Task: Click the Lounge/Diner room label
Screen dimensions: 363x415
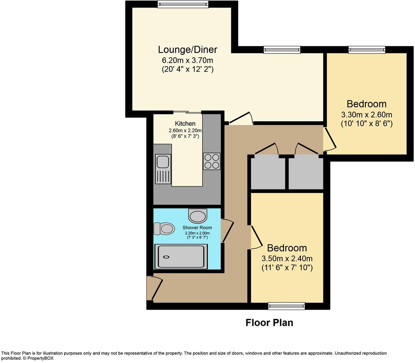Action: pyautogui.click(x=187, y=49)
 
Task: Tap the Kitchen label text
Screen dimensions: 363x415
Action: pyautogui.click(x=185, y=124)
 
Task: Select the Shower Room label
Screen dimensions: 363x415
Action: pyautogui.click(x=197, y=228)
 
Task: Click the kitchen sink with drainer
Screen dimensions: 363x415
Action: pyautogui.click(x=163, y=169)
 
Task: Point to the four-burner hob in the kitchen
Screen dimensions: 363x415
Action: pyautogui.click(x=211, y=161)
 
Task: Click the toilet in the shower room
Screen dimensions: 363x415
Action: pyautogui.click(x=164, y=229)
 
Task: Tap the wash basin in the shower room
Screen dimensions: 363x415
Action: pyautogui.click(x=197, y=216)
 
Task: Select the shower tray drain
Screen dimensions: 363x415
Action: pyautogui.click(x=166, y=257)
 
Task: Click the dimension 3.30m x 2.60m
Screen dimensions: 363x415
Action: pyautogui.click(x=366, y=115)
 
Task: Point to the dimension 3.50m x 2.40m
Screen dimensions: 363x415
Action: pyautogui.click(x=287, y=259)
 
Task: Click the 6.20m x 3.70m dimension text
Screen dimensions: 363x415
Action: pyautogui.click(x=187, y=60)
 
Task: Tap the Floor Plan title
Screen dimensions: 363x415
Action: pyautogui.click(x=269, y=323)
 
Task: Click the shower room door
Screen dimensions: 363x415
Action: pyautogui.click(x=228, y=231)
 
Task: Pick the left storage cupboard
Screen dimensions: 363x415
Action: pyautogui.click(x=268, y=172)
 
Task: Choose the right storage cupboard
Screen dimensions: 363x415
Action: pyautogui.click(x=305, y=172)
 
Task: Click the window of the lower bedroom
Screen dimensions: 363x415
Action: pyautogui.click(x=286, y=306)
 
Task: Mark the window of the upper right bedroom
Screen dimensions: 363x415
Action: pyautogui.click(x=367, y=50)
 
